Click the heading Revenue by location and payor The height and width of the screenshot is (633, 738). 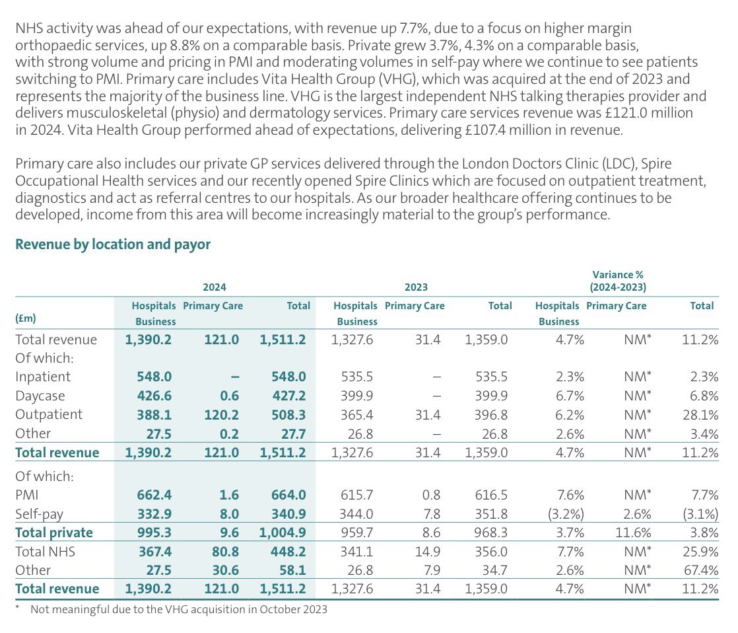click(x=113, y=244)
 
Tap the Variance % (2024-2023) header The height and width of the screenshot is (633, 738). click(x=617, y=280)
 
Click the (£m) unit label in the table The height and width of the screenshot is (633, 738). click(x=26, y=318)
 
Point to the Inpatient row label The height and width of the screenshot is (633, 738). click(x=43, y=377)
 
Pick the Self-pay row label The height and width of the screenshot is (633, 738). click(x=41, y=513)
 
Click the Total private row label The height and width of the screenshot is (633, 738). click(x=54, y=533)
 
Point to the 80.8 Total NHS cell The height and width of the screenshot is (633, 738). click(x=224, y=551)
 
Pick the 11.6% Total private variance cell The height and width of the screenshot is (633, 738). click(x=631, y=533)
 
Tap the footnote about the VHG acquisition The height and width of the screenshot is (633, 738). click(x=179, y=609)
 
